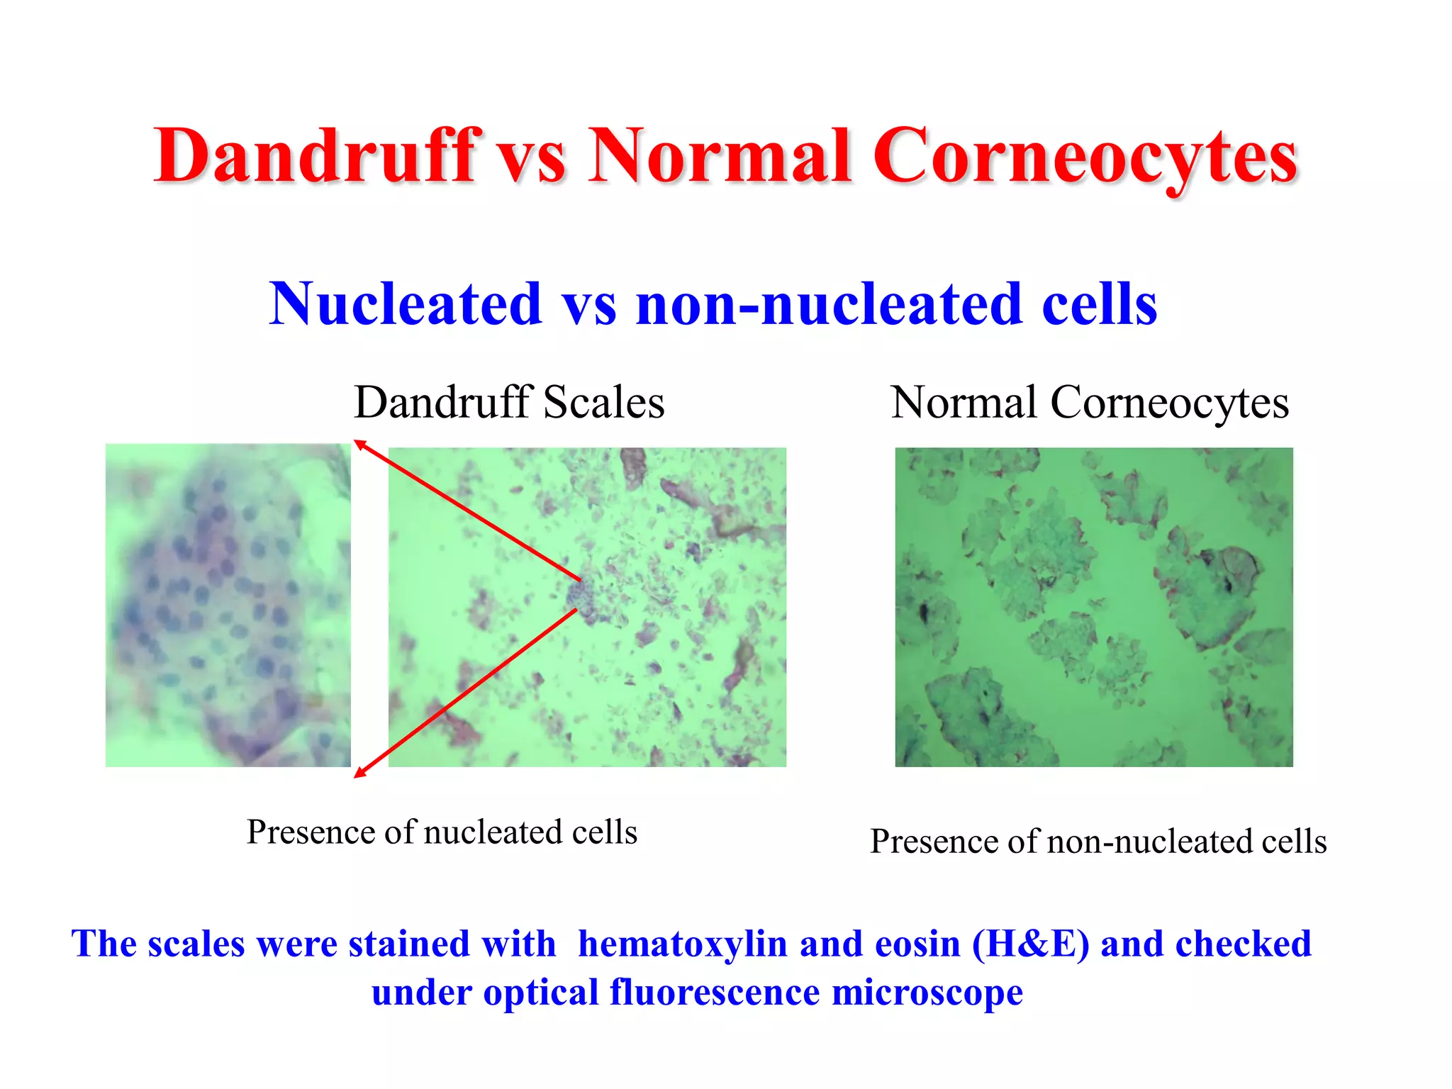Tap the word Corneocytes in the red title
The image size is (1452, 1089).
(x=1085, y=157)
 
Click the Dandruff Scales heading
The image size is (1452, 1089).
(x=509, y=403)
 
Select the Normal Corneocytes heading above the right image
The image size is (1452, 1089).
(x=1090, y=403)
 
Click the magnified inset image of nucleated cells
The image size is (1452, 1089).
(x=228, y=605)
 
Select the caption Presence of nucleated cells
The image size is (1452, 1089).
(x=442, y=832)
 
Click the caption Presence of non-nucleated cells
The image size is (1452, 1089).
(x=1098, y=842)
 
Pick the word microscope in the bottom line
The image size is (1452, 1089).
(x=927, y=992)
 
